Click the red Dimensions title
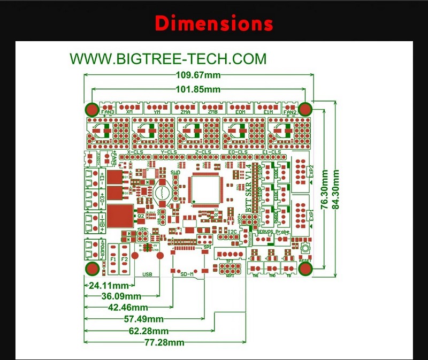click(x=214, y=24)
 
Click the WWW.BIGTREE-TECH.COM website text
click(x=168, y=58)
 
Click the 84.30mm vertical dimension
click(x=337, y=191)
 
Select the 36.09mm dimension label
click(x=122, y=296)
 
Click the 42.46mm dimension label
click(x=129, y=307)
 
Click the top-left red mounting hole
click(x=91, y=109)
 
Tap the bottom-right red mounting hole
click(x=305, y=269)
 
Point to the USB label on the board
click(x=147, y=274)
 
